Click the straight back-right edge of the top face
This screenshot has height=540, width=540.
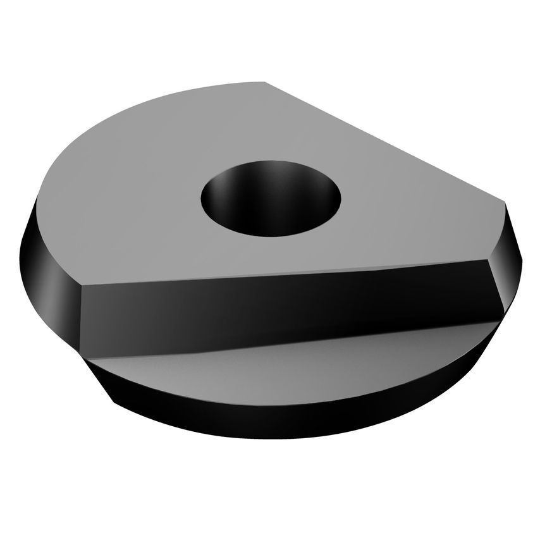click(x=386, y=143)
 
